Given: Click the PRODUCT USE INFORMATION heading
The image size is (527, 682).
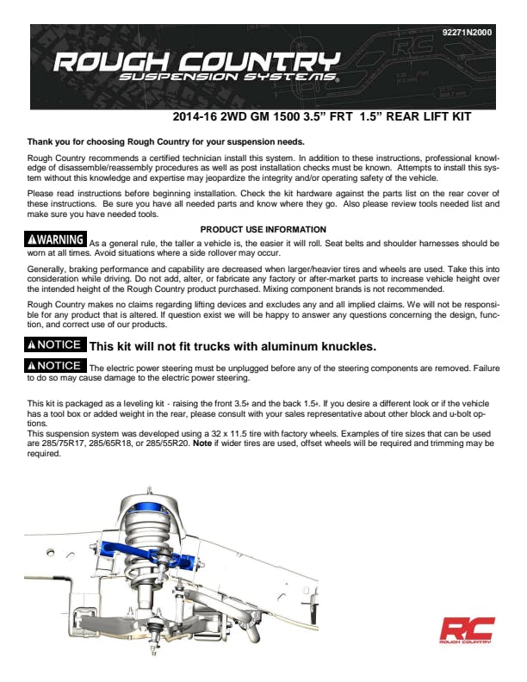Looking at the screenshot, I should click(263, 229).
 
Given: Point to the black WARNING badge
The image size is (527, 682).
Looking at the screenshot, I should click(57, 239).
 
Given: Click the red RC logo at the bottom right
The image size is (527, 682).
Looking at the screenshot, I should click(466, 629).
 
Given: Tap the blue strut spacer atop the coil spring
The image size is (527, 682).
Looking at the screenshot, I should click(152, 518).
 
